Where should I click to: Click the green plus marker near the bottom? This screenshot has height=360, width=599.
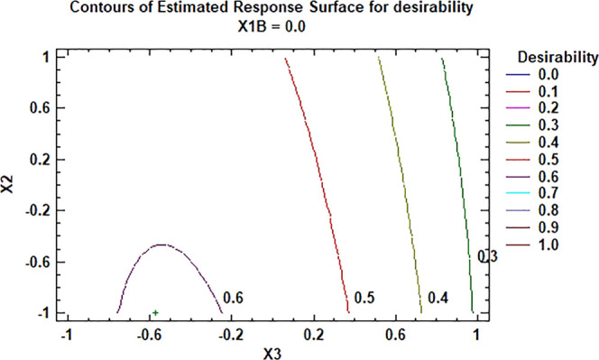155,312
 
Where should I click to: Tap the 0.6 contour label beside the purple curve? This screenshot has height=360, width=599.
233,297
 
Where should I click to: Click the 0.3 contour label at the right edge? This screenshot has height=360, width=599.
486,257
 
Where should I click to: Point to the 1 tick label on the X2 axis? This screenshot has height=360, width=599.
47,57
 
